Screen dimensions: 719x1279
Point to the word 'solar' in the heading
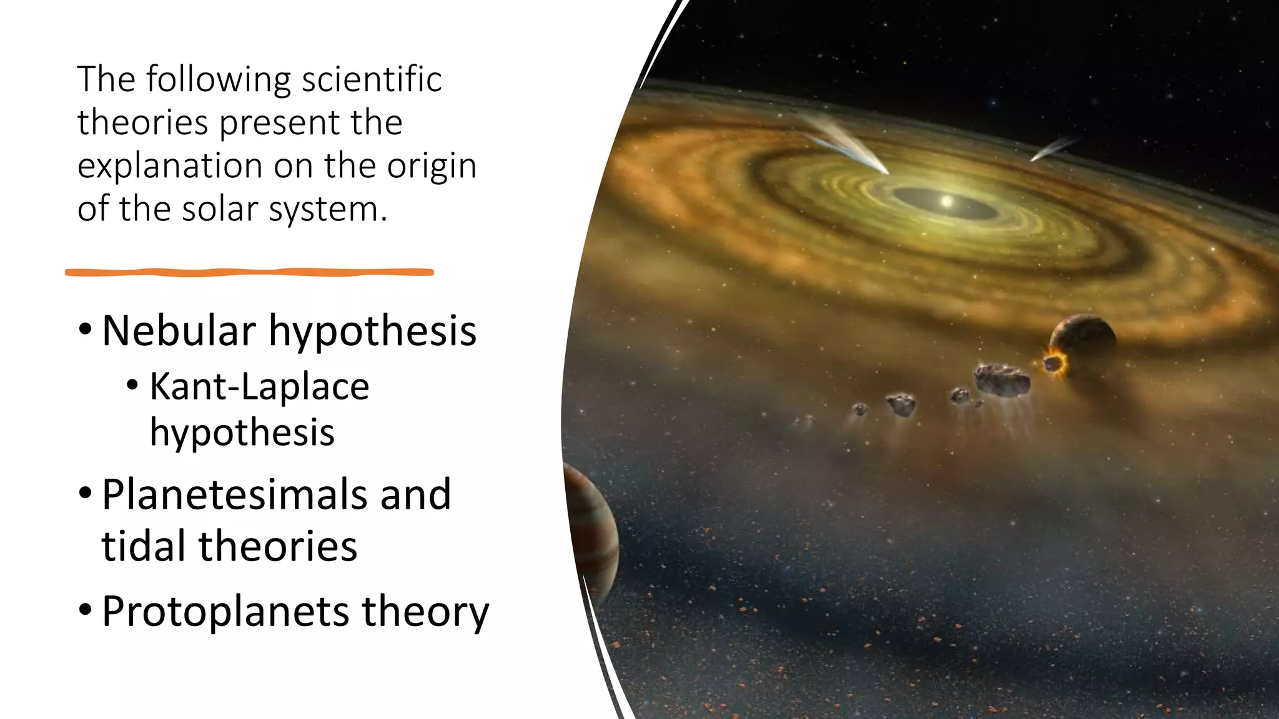point(219,209)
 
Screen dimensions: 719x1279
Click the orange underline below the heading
point(249,272)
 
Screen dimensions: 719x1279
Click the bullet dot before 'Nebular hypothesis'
point(86,329)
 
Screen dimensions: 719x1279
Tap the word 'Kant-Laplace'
point(259,386)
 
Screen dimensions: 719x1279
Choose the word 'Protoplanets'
point(225,611)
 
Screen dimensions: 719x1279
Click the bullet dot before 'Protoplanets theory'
point(86,610)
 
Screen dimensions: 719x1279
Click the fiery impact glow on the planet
point(1053,363)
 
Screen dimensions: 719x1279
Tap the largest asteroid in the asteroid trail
point(1002,379)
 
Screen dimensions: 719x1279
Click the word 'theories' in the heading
point(142,123)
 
